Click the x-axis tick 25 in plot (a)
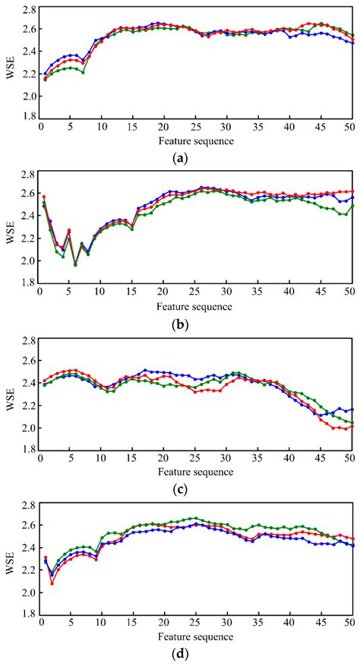[195, 128]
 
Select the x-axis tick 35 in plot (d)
[257, 624]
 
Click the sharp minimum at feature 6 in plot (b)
[75, 264]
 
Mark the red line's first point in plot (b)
[44, 197]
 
